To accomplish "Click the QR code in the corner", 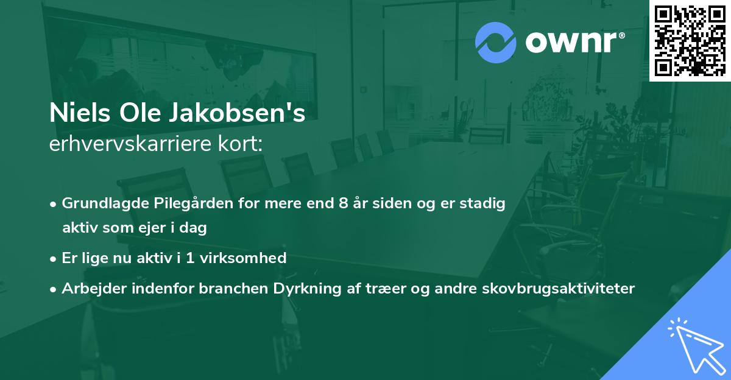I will click(690, 41).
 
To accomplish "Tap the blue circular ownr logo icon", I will click(496, 42).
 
